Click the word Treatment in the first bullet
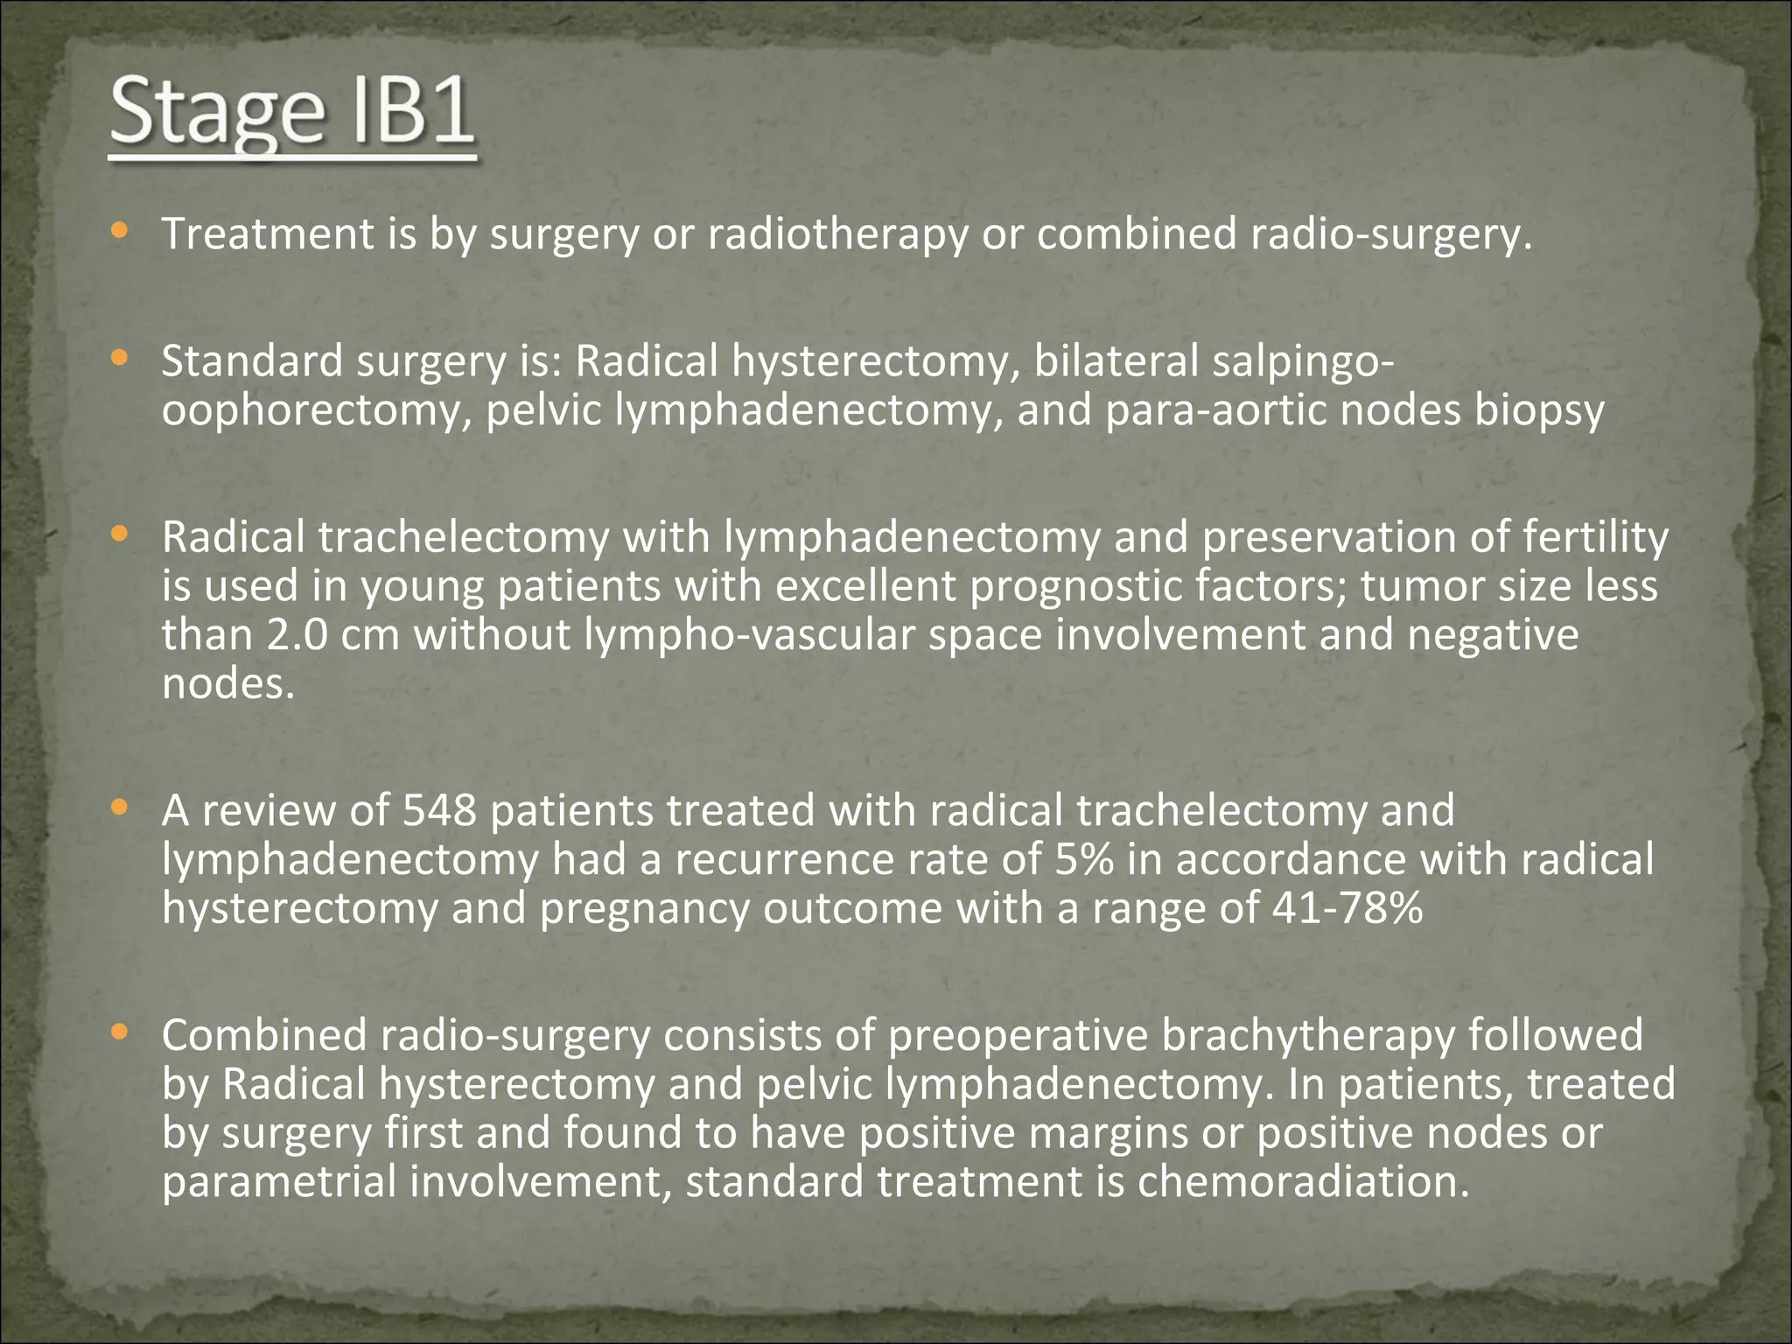pyautogui.click(x=268, y=234)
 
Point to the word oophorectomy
pyautogui.click(x=311, y=411)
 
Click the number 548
pyautogui.click(x=439, y=810)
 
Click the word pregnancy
pyautogui.click(x=644, y=908)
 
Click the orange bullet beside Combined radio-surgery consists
pyautogui.click(x=120, y=1034)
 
